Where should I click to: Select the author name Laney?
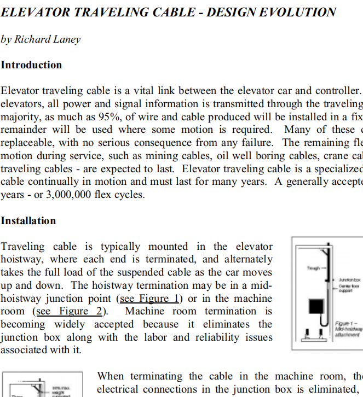click(x=65, y=39)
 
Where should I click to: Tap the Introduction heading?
click(x=31, y=65)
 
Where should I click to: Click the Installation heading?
click(x=28, y=220)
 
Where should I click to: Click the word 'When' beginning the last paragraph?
click(x=112, y=376)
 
